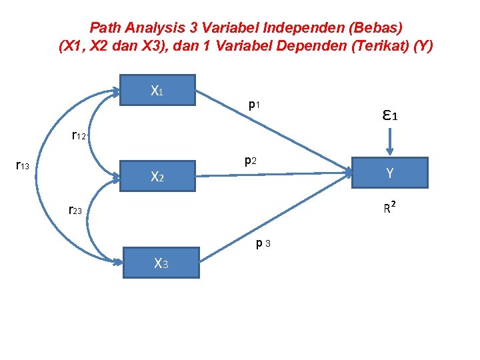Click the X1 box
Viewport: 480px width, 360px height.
pos(157,90)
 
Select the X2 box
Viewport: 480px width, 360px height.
pos(157,177)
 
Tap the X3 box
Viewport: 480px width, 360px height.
pos(160,263)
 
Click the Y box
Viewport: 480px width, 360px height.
pos(389,173)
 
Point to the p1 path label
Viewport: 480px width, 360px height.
pos(254,105)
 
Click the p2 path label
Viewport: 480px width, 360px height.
pos(251,160)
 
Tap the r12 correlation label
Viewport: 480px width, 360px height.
pos(79,136)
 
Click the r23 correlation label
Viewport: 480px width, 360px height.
pos(75,210)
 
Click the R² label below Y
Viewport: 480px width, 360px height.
pos(391,208)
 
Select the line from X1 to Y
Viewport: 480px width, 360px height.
pos(273,130)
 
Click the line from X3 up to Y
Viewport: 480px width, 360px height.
pos(273,217)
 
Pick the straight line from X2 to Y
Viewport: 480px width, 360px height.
pos(273,174)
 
